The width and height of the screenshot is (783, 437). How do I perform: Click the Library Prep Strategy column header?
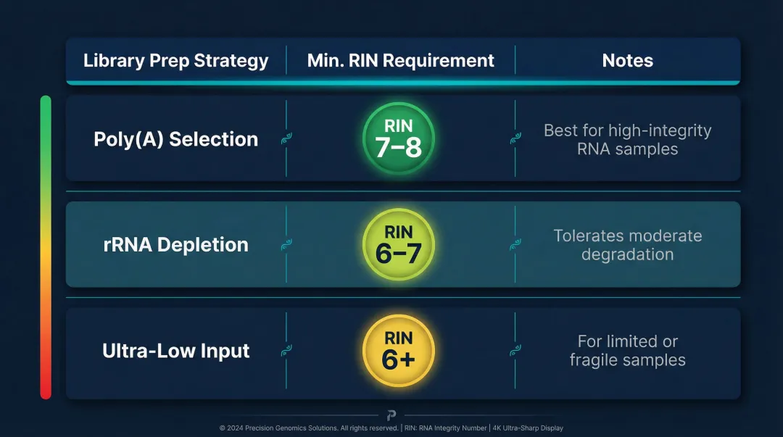(176, 61)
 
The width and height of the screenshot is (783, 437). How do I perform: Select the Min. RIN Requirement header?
(401, 61)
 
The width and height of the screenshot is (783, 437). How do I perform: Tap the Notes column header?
(627, 61)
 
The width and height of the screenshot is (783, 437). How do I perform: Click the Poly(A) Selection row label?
(176, 139)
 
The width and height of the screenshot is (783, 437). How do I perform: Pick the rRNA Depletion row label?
(176, 245)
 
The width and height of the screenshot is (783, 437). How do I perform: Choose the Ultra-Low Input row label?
(176, 351)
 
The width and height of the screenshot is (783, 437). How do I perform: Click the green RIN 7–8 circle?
(399, 138)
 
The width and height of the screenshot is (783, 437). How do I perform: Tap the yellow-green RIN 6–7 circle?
(399, 244)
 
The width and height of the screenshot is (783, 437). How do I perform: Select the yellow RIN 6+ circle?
(399, 350)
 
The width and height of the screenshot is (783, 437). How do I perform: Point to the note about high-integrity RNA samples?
(627, 140)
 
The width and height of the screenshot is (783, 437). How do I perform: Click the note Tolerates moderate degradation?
(627, 245)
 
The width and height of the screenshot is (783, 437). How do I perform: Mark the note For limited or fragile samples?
(627, 350)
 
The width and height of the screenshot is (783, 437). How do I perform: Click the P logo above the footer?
(391, 415)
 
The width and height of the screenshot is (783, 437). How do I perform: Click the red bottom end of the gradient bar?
(46, 391)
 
